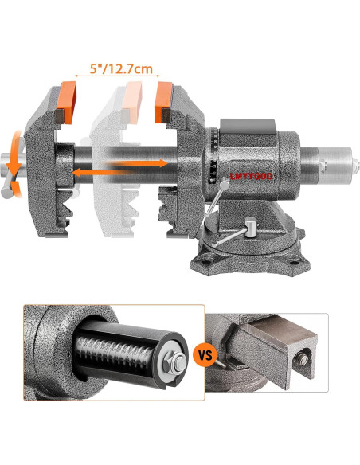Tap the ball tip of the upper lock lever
click(225, 184)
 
